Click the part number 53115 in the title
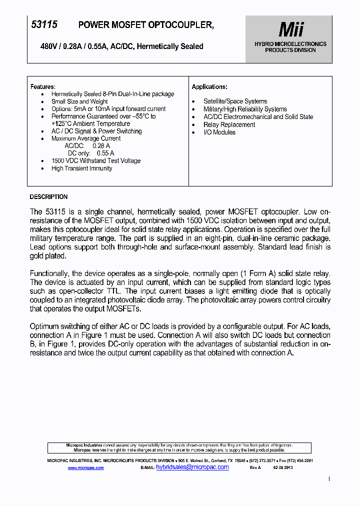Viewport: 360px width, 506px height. click(44, 24)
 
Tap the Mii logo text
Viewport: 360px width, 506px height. click(290, 30)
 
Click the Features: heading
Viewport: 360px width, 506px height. click(43, 86)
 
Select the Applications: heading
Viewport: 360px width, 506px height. click(209, 87)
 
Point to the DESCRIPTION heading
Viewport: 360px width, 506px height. click(48, 197)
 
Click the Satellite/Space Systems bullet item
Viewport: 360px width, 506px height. click(235, 101)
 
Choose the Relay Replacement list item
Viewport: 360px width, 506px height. click(229, 124)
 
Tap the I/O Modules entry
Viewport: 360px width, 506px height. click(219, 132)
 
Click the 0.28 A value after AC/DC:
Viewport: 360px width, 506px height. click(101, 146)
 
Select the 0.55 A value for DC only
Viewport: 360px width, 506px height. click(105, 153)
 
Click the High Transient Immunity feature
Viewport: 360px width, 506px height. click(81, 168)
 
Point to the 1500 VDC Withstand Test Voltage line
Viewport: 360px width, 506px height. click(96, 161)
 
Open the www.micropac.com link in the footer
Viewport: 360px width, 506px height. click(85, 468)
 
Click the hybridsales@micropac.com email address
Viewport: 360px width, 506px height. click(192, 467)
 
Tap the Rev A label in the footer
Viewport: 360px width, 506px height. click(255, 468)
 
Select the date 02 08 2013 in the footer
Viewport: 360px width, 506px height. click(283, 468)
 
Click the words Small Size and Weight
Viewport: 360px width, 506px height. click(79, 101)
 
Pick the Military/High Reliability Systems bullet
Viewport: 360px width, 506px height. click(245, 109)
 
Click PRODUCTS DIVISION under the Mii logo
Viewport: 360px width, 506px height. click(290, 50)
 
